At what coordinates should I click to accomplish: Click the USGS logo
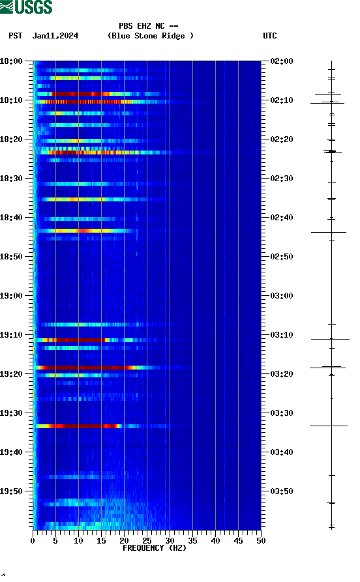click(26, 7)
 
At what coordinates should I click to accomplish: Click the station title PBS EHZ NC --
click(149, 26)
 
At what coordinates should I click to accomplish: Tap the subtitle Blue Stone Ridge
click(151, 36)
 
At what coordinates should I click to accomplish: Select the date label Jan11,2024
click(55, 36)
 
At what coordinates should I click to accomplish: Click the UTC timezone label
click(269, 36)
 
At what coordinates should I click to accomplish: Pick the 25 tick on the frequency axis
click(147, 540)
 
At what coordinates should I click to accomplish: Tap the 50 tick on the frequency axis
click(260, 540)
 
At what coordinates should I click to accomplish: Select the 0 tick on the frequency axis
click(33, 540)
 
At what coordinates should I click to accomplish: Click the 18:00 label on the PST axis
click(12, 61)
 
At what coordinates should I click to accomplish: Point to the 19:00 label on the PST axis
click(12, 296)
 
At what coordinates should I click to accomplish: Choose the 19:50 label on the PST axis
click(12, 491)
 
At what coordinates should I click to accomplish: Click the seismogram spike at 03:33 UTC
click(329, 426)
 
